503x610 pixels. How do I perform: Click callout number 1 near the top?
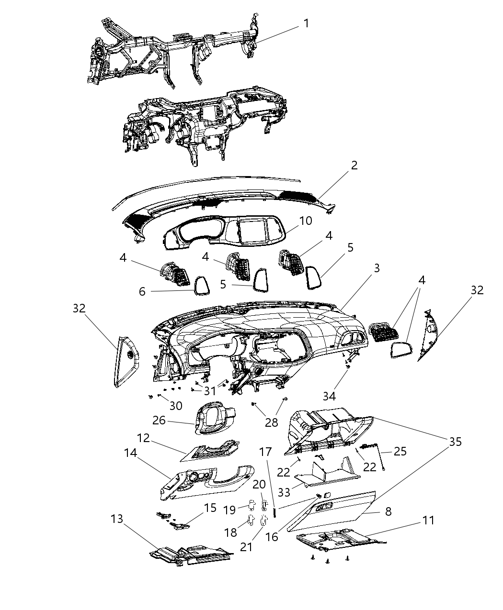(306, 23)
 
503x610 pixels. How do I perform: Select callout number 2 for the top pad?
(354, 166)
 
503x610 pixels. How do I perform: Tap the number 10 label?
(306, 221)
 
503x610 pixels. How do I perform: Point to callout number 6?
(142, 291)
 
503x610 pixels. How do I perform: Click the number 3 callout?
(377, 268)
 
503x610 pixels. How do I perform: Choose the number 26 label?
(159, 420)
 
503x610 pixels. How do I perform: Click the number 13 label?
(116, 519)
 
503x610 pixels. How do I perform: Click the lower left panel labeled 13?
(192, 555)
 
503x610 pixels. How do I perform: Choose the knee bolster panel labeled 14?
(206, 483)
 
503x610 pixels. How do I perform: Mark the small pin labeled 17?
(275, 511)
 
